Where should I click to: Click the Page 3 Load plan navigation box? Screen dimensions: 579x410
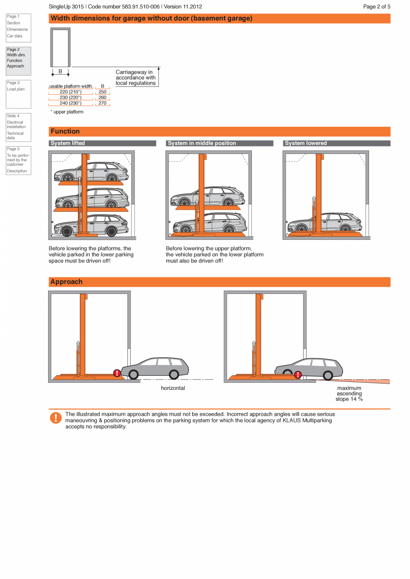tap(18, 94)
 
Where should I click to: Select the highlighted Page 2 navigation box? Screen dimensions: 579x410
tap(18, 61)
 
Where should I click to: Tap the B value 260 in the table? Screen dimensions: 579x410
tap(102, 97)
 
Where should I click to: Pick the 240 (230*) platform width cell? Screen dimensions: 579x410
tap(70, 103)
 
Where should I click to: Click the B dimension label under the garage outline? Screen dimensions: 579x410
tap(60, 71)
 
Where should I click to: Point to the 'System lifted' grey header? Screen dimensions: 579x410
tap(102, 143)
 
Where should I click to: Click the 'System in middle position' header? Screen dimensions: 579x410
tap(219, 143)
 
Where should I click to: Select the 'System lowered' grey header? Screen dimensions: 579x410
tap(336, 143)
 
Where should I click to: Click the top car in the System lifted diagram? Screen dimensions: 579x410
tap(91, 172)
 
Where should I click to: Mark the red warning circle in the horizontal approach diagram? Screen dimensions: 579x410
tap(117, 373)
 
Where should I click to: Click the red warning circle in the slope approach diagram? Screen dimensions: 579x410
tap(298, 375)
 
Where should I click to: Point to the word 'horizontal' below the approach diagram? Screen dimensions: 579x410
tap(173, 388)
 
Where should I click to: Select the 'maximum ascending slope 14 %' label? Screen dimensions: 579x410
tap(349, 393)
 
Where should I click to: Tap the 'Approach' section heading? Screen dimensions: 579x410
tap(66, 282)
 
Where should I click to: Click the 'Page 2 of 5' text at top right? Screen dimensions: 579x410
tap(377, 7)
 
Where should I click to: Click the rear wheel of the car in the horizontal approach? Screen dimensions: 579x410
tap(174, 374)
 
